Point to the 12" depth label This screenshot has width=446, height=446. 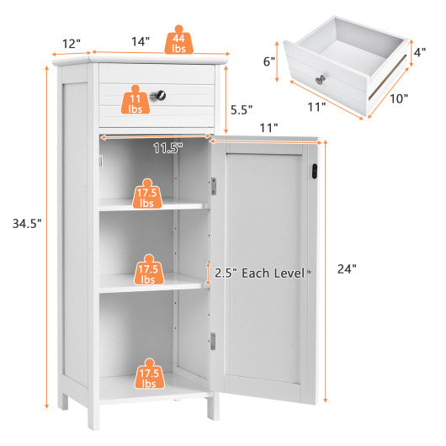point(70,43)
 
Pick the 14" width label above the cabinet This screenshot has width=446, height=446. point(141,40)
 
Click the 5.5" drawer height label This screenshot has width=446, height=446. point(241,109)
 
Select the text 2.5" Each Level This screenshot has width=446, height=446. point(260,273)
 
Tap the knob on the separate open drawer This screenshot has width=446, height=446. point(321,79)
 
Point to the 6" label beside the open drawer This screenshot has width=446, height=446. point(269,61)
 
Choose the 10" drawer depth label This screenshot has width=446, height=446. point(399,98)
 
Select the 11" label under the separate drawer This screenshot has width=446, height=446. point(316,108)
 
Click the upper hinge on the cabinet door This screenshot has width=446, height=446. point(213,185)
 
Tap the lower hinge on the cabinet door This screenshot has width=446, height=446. point(213,341)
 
